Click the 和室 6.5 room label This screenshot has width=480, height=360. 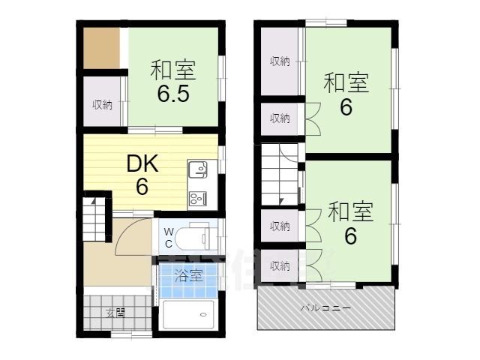coord(173,81)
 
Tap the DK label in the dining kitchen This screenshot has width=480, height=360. coord(142,163)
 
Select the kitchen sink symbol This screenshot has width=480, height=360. coord(198,169)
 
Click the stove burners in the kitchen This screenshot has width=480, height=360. coord(198,198)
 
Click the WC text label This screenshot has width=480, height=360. coord(168,238)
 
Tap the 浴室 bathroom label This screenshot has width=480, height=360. coord(188,275)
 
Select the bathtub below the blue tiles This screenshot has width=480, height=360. coord(188,315)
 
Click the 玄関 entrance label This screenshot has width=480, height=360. coord(115,313)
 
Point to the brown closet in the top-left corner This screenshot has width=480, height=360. coord(102,48)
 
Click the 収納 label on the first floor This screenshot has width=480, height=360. coord(103,105)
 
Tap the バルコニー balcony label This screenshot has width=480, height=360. coord(325,307)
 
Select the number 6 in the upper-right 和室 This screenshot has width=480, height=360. coord(346,107)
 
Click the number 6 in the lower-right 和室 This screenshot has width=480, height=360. coord(350,235)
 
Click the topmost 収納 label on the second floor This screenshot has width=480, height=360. coord(280,61)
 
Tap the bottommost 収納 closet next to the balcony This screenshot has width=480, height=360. coord(280,266)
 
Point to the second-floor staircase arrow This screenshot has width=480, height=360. coord(281,201)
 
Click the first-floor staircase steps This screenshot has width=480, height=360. coord(94,218)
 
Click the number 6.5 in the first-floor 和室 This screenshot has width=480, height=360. coord(173,94)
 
